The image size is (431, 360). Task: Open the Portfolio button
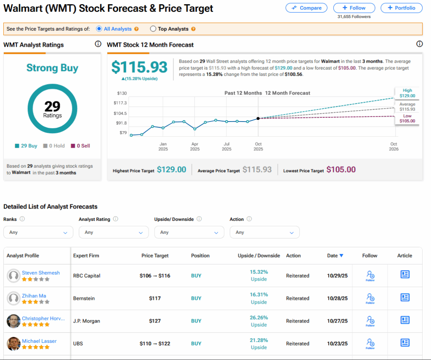pos(401,8)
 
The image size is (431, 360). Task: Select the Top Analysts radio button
pos(153,29)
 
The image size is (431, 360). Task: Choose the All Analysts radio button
pos(99,29)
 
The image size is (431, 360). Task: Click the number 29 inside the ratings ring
pos(52,106)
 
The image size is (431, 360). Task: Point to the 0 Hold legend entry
pos(54,146)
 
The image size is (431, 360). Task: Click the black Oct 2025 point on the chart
pos(258,118)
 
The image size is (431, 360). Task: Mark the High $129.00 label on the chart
pos(407,93)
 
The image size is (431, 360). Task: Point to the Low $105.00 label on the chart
pos(407,118)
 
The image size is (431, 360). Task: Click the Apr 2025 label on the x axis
pos(194,146)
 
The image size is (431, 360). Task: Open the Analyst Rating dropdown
pos(114,232)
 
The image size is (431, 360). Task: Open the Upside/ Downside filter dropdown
pos(189,232)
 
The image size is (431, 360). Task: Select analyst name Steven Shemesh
pos(41,273)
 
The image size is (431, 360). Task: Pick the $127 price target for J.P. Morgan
pos(154,321)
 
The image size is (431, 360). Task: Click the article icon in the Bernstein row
pos(404,297)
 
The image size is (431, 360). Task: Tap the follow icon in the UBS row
pos(370,343)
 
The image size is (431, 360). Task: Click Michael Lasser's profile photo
pos(14,344)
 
